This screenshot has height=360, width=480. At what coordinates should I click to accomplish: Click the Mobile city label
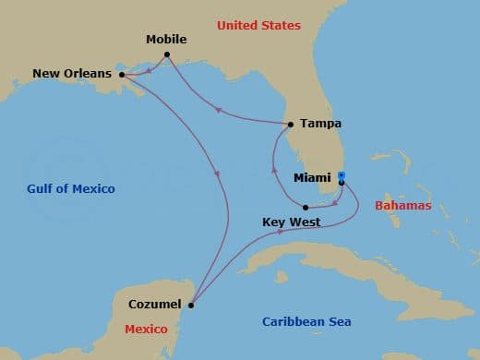[166, 40]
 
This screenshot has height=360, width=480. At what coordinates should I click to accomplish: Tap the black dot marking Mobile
[167, 55]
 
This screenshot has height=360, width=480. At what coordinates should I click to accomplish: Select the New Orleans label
[72, 73]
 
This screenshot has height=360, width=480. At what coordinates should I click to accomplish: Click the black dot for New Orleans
[121, 75]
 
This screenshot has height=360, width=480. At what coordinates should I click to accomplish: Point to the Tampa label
[321, 124]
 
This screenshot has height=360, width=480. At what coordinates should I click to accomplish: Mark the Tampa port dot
[291, 124]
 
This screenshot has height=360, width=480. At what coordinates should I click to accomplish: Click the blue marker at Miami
[341, 175]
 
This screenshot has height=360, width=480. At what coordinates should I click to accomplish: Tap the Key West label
[292, 222]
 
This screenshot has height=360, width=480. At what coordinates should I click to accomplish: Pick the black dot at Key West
[306, 208]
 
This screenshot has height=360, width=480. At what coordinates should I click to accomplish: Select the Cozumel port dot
[191, 305]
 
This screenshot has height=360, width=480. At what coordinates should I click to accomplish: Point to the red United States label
[259, 25]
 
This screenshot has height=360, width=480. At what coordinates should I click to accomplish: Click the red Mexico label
[147, 329]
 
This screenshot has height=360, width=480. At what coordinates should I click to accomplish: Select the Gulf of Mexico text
[71, 189]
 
